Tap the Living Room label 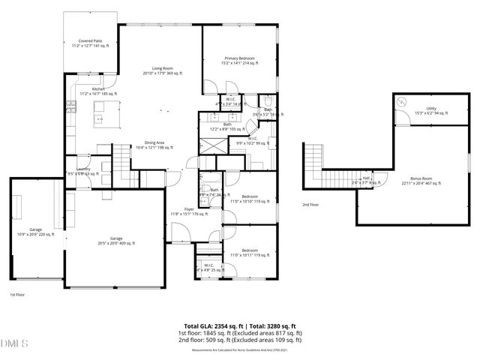(x=158, y=70)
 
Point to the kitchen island (x=100, y=112)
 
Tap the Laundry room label (x=77, y=171)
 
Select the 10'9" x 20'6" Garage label (x=35, y=232)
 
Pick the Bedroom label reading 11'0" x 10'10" (x=250, y=198)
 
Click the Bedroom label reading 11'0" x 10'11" (x=250, y=252)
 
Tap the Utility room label (x=430, y=110)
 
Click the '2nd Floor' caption (x=310, y=204)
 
